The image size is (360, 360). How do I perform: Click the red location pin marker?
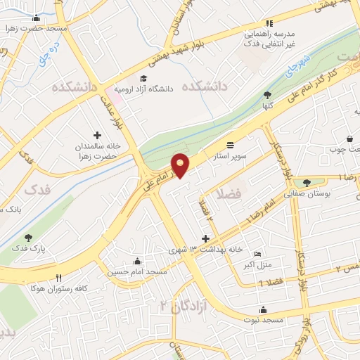[x=181, y=165]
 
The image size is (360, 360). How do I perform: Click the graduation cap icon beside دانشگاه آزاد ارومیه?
[x=144, y=78]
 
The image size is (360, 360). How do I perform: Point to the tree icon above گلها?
[x=267, y=95]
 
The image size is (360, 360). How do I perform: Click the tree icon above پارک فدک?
[x=28, y=238]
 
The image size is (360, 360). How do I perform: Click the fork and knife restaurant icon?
[x=60, y=278]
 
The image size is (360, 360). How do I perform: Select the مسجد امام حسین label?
[x=137, y=271]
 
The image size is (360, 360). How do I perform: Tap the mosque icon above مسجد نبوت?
[x=263, y=309]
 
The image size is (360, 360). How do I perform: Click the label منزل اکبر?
[x=258, y=264]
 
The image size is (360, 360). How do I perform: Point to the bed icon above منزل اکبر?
[x=258, y=254]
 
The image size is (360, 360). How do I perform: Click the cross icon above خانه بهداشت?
[x=205, y=239]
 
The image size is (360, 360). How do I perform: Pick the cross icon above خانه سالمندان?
[x=97, y=134]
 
